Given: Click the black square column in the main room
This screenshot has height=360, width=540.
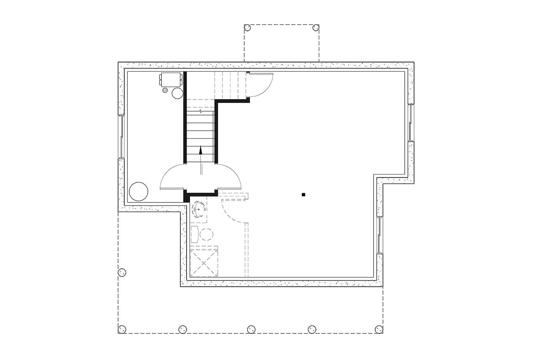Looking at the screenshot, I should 303,195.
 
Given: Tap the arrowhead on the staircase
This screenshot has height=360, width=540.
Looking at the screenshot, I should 201,150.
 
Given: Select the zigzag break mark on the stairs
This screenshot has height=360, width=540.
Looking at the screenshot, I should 201,112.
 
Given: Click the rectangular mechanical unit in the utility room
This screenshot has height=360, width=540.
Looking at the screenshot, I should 171,78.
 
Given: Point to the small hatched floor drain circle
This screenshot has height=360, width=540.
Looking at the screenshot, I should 165,90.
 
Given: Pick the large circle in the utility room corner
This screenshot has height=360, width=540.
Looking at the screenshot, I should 138,192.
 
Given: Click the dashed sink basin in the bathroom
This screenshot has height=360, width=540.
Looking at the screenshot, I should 199,208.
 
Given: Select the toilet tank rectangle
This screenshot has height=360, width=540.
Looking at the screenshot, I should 194,234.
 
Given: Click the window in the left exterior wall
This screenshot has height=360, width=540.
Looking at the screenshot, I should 121,137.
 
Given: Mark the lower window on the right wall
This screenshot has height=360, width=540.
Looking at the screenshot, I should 380,235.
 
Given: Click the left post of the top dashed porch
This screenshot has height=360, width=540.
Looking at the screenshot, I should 248,28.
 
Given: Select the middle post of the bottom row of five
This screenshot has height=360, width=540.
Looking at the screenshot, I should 251,329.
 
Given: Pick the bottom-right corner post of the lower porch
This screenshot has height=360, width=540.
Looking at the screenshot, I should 378,329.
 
